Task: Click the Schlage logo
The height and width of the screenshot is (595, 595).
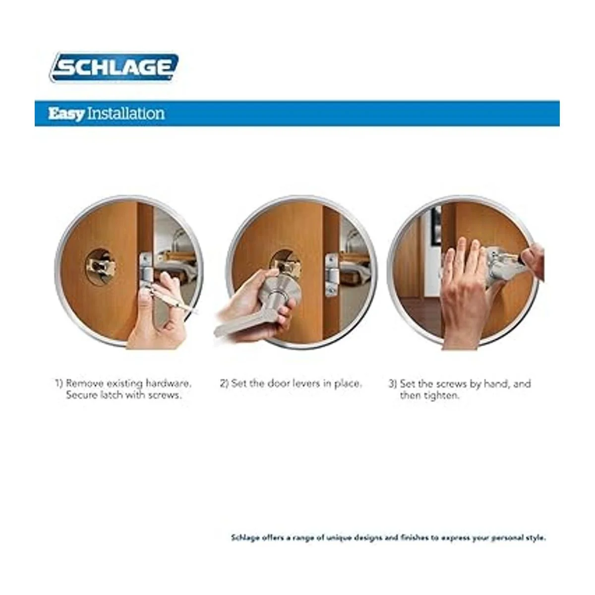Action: (x=114, y=67)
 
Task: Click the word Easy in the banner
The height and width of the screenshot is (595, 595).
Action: (x=66, y=114)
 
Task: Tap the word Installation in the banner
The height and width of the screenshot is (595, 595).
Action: (x=125, y=113)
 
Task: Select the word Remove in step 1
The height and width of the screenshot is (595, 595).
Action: (x=84, y=383)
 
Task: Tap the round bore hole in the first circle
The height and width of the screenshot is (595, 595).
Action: (x=100, y=266)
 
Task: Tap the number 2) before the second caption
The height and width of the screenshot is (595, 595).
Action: (x=224, y=384)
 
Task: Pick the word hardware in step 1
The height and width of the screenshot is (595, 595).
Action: (x=168, y=383)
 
